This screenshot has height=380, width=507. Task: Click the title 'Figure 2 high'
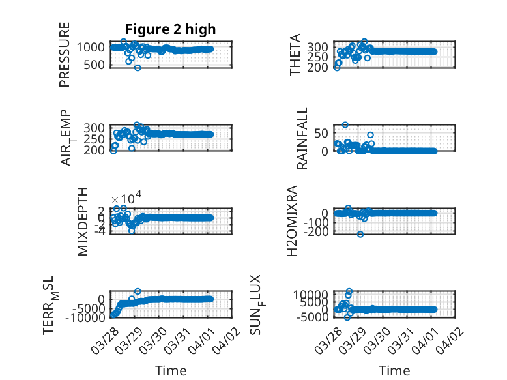point(171,29)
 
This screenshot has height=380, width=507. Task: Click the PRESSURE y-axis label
point(65,55)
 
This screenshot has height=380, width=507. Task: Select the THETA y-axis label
point(296,55)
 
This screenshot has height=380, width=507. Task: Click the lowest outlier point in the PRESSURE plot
point(138,68)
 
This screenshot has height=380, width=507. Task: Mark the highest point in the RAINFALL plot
point(345,124)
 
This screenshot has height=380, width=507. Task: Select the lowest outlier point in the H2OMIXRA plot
point(360,234)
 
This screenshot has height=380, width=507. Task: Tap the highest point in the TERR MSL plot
point(138,291)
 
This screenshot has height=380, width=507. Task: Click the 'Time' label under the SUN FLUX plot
point(394,371)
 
